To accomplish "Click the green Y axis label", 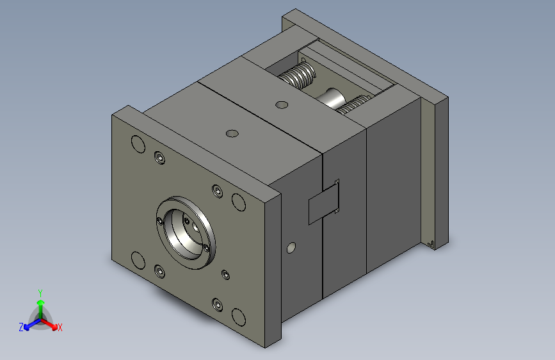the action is (40, 293).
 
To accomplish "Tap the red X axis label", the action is (60, 328).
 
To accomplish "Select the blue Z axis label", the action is (21, 327).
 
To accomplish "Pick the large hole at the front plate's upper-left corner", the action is (138, 144).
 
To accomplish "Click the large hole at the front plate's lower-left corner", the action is (138, 261).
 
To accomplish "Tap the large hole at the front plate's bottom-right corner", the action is (239, 317).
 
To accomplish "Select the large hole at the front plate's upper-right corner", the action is (239, 202).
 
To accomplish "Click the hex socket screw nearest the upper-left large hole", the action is (160, 158).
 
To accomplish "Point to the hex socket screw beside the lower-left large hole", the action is (160, 272).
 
